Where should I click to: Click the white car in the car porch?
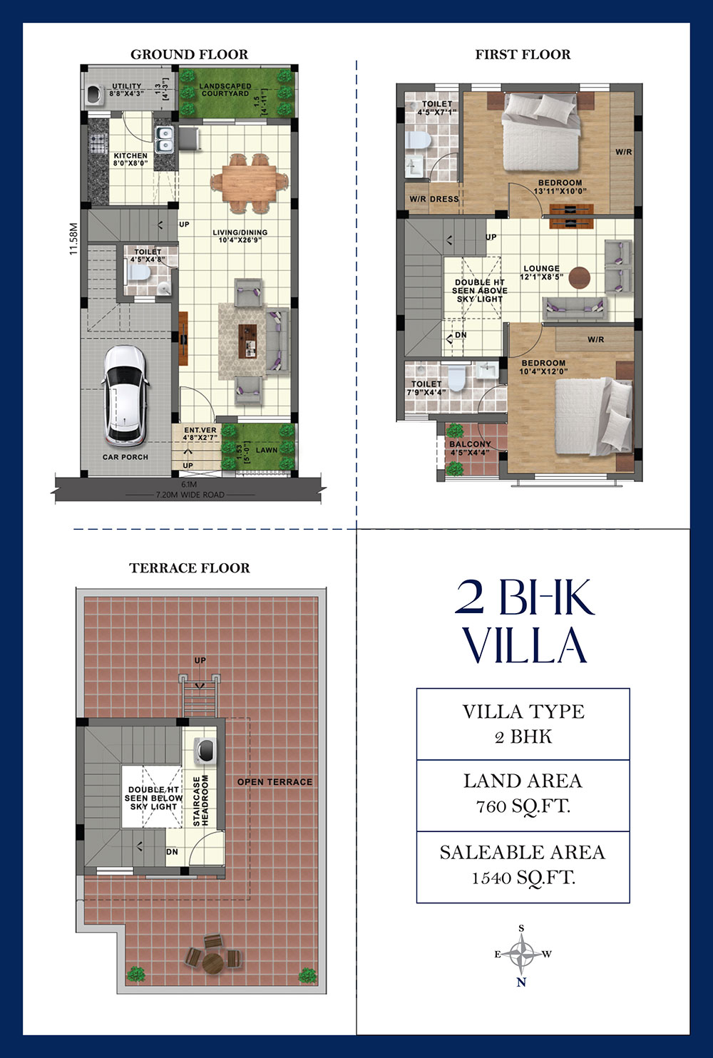pyautogui.click(x=125, y=394)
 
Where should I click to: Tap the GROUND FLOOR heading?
pyautogui.click(x=189, y=54)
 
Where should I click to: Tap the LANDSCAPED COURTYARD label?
pyautogui.click(x=225, y=90)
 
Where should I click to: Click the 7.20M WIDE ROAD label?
pyautogui.click(x=190, y=495)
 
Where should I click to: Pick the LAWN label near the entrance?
pyautogui.click(x=267, y=450)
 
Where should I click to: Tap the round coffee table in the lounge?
pyautogui.click(x=579, y=276)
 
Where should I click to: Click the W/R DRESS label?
pyautogui.click(x=434, y=199)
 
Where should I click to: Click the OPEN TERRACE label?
pyautogui.click(x=275, y=782)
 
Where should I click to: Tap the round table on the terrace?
pyautogui.click(x=213, y=963)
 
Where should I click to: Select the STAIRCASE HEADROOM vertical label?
pyautogui.click(x=201, y=801)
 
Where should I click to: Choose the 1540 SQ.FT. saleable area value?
pyautogui.click(x=523, y=878)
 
